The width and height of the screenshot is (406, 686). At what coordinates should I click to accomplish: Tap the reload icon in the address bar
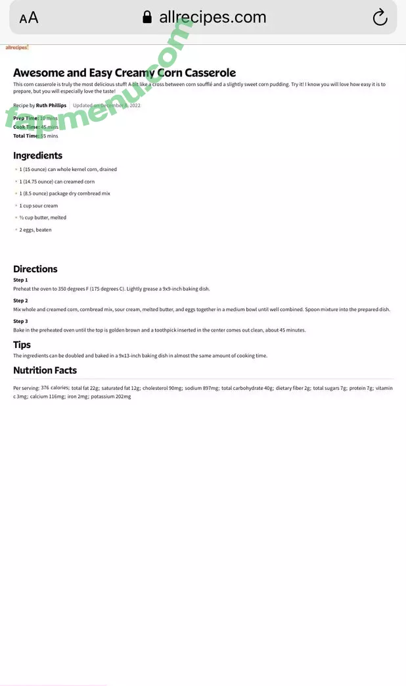(x=380, y=18)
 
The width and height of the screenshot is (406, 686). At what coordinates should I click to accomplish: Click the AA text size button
(x=29, y=18)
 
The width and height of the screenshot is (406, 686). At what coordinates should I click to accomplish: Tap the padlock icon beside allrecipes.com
(x=147, y=17)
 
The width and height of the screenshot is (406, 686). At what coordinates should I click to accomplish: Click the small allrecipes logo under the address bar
(x=16, y=47)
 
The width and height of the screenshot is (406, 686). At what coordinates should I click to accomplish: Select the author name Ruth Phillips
(x=51, y=105)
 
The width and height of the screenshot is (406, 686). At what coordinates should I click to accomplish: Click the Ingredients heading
(x=37, y=156)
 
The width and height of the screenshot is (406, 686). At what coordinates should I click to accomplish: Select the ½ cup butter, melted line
(x=43, y=218)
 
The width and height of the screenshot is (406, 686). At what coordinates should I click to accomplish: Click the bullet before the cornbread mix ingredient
(x=16, y=194)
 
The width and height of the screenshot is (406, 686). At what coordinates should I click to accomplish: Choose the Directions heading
(x=35, y=269)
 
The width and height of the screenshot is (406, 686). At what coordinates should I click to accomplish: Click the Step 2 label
(x=20, y=301)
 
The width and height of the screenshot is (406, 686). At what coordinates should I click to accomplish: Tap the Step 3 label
(x=20, y=322)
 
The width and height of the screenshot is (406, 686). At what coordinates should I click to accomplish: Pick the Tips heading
(x=22, y=345)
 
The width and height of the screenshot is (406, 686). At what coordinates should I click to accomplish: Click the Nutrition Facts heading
(x=45, y=370)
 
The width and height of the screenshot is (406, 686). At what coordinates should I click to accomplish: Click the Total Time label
(x=26, y=136)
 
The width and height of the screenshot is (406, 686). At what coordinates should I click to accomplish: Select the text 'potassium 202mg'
(x=110, y=397)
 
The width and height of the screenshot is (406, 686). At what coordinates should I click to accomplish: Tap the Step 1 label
(x=20, y=280)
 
